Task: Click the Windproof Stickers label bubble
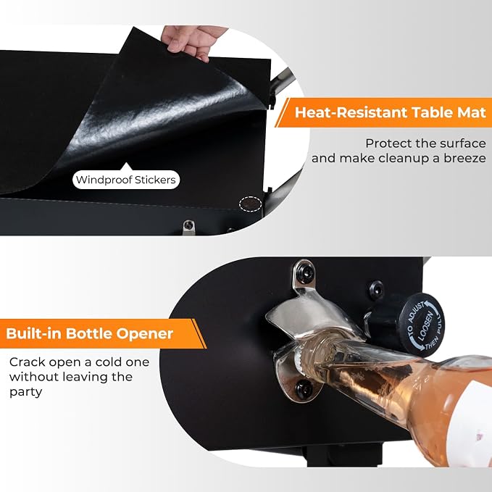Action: [x=126, y=180]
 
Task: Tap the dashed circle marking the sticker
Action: [x=251, y=204]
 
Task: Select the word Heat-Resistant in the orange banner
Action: [x=351, y=112]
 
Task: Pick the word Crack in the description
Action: [x=28, y=362]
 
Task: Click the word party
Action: [x=26, y=392]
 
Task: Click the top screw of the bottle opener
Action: [x=303, y=270]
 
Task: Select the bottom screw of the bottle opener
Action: [x=303, y=389]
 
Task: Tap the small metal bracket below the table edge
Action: [x=188, y=226]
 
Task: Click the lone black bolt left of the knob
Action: [x=376, y=289]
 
